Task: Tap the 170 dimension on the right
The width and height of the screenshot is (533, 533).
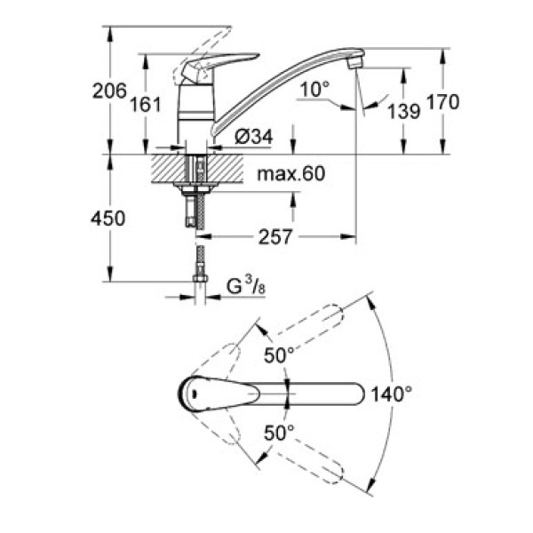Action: point(442,101)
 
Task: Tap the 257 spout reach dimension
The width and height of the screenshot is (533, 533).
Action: point(278,237)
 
